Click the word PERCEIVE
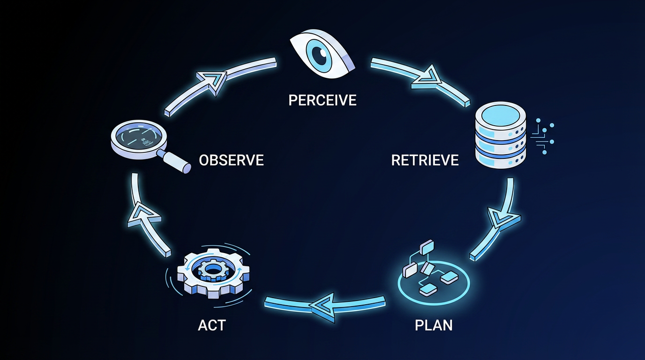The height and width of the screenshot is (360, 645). [x=322, y=100]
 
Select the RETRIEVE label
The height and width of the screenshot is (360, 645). [x=425, y=160]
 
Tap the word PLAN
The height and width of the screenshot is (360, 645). [x=434, y=325]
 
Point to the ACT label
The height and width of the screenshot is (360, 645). [x=212, y=325]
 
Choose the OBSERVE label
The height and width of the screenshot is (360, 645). [x=231, y=160]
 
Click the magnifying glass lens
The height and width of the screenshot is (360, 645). [x=139, y=136]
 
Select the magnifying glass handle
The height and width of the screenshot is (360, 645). [x=177, y=163]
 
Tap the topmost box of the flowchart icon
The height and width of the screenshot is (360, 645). [x=427, y=247]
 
